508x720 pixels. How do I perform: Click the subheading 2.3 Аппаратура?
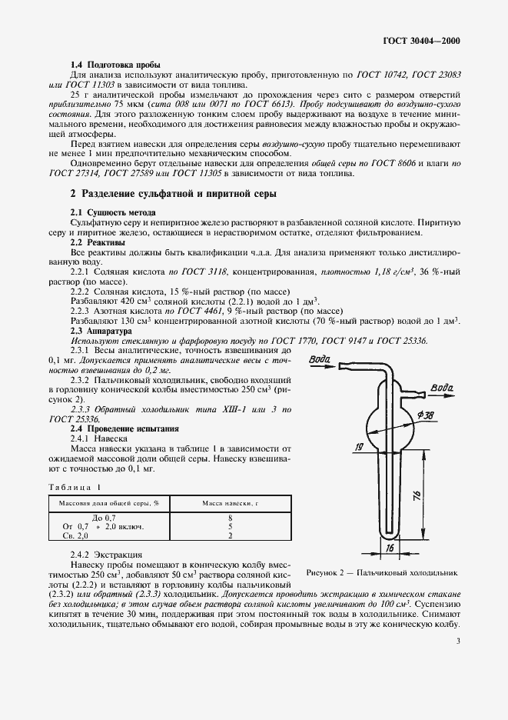[104, 331]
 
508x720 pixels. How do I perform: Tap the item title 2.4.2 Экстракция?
[111, 554]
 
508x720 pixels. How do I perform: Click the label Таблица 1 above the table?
[75, 487]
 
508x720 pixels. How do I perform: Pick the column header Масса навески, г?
[230, 502]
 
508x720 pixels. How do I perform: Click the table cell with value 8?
[230, 518]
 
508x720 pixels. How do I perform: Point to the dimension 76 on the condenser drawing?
[415, 496]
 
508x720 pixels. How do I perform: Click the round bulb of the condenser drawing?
[390, 425]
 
